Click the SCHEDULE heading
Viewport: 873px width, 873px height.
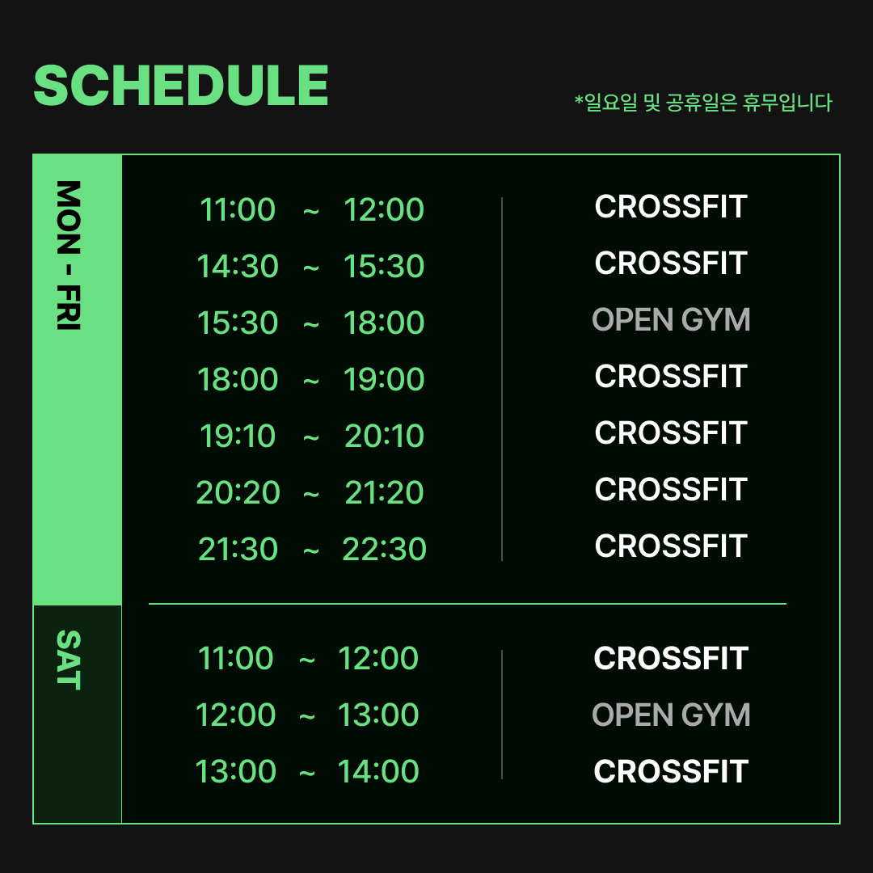click(181, 85)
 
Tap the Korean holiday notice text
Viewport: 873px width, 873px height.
click(703, 103)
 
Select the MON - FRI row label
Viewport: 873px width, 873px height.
click(69, 255)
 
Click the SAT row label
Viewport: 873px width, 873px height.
click(69, 660)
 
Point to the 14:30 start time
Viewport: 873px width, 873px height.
click(238, 266)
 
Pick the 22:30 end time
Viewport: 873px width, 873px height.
click(384, 548)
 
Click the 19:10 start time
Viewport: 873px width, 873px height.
click(238, 436)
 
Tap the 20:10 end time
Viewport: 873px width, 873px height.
click(384, 436)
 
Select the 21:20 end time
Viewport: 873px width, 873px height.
click(384, 492)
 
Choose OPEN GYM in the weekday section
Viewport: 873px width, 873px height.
click(671, 319)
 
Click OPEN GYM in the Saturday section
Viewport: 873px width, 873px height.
click(671, 715)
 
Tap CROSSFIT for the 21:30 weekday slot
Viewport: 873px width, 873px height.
click(671, 546)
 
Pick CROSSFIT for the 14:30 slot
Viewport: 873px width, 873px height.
click(671, 263)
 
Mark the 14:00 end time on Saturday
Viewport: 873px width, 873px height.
click(378, 771)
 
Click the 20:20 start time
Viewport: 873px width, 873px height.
click(238, 492)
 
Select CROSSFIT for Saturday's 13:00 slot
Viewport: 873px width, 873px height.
click(671, 771)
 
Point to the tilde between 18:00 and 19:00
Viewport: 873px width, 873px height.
click(310, 381)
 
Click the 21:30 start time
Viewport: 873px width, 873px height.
click(238, 548)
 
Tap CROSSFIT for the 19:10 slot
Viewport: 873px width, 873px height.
click(671, 432)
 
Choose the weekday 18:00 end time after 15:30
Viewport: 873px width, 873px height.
click(384, 323)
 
